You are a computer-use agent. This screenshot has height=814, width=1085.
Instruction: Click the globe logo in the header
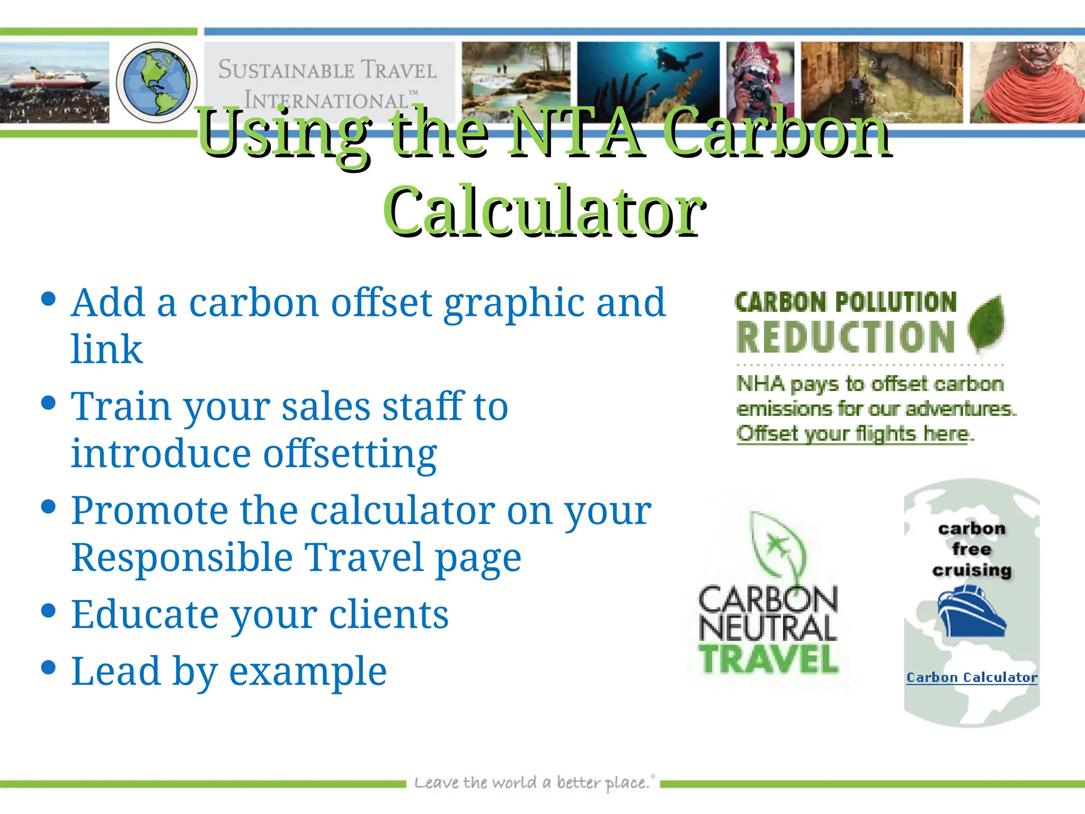pos(156,83)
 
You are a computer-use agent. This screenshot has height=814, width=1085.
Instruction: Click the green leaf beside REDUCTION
pos(986,324)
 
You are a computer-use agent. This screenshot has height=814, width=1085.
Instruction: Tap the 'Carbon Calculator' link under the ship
pos(972,677)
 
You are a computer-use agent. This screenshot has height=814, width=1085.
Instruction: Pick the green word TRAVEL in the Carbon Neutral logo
pos(769,660)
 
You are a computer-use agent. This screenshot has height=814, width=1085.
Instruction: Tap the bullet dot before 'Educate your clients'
pos(48,610)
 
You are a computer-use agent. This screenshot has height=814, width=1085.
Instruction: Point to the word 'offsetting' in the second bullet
pos(350,454)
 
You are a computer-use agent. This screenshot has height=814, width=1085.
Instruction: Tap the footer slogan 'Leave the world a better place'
pos(533,783)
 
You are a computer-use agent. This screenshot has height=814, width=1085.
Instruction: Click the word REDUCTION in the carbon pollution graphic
pos(846,338)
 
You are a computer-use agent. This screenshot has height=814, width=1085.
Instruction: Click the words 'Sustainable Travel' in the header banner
pos(327,70)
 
